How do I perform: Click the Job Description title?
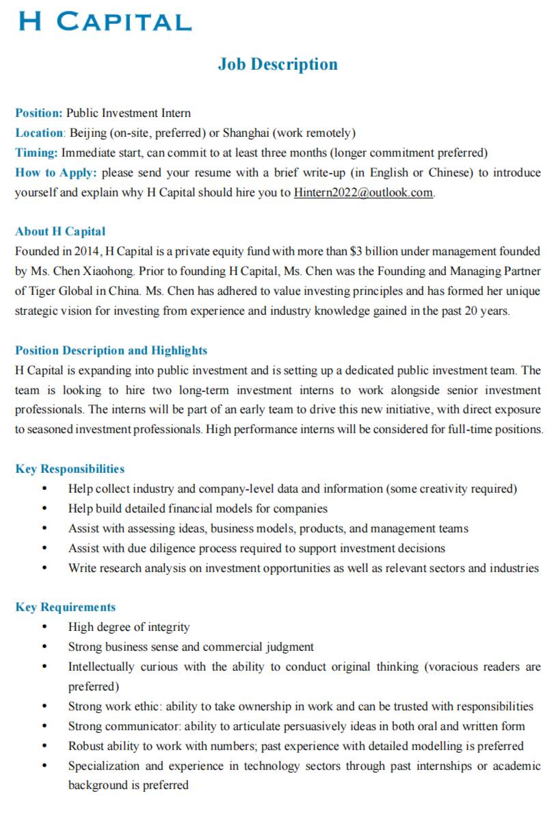(x=278, y=64)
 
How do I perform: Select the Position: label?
(x=39, y=113)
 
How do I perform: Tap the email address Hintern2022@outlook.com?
(x=363, y=192)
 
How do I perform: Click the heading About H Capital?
(x=60, y=231)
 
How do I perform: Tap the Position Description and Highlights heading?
(x=111, y=350)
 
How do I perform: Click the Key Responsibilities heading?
(x=70, y=469)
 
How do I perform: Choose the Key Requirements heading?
(x=66, y=607)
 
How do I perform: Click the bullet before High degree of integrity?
(x=45, y=627)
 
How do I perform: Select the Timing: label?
(x=37, y=153)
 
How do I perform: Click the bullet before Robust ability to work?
(x=45, y=746)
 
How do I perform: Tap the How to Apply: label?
(x=56, y=172)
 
